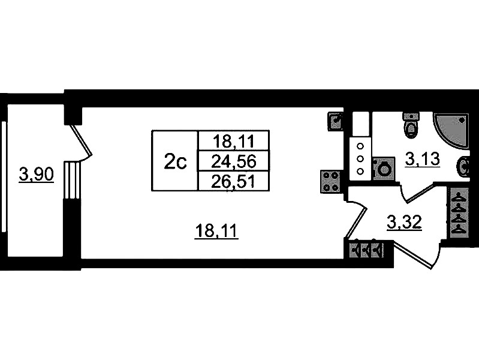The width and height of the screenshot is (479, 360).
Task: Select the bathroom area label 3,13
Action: (423, 159)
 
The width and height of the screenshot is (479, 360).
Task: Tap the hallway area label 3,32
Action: (405, 223)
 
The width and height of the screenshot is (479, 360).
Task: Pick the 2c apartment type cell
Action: (175, 161)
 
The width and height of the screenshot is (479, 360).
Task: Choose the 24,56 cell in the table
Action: (234, 161)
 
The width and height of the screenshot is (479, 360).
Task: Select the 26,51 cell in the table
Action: (234, 181)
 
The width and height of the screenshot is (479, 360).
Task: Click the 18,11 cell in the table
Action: (234, 141)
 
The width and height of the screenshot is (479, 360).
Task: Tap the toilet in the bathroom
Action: (411, 125)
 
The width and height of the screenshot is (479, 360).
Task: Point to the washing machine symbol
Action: (382, 168)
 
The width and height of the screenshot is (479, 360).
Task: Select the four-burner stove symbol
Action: (330, 181)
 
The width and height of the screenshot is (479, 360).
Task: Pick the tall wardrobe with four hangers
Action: (459, 212)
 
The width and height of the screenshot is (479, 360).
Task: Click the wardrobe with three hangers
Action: (366, 249)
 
